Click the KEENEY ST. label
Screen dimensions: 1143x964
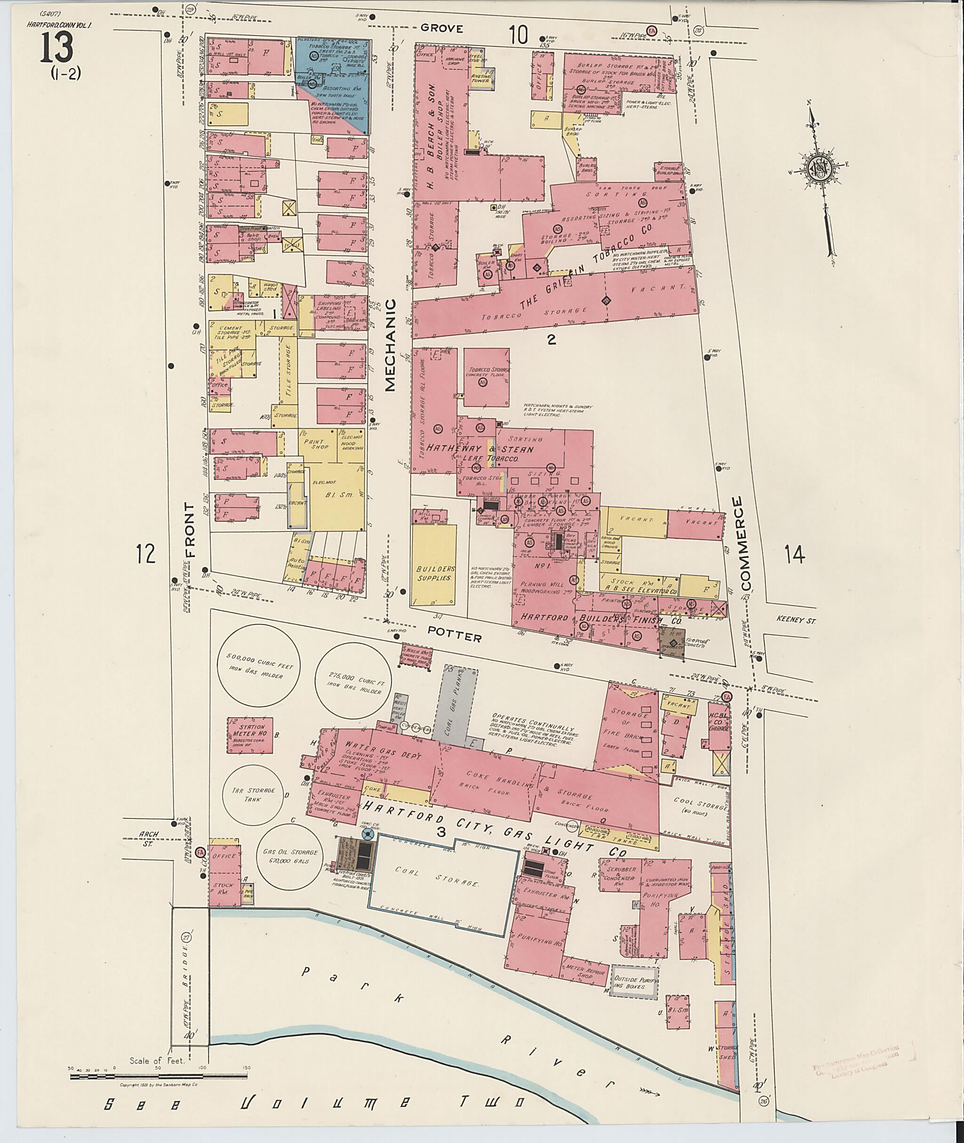[795, 619]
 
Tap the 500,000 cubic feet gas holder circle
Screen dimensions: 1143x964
[258, 671]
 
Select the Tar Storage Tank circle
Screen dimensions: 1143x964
[253, 794]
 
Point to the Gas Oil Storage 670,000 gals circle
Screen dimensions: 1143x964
[289, 857]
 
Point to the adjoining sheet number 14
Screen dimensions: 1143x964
[794, 555]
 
